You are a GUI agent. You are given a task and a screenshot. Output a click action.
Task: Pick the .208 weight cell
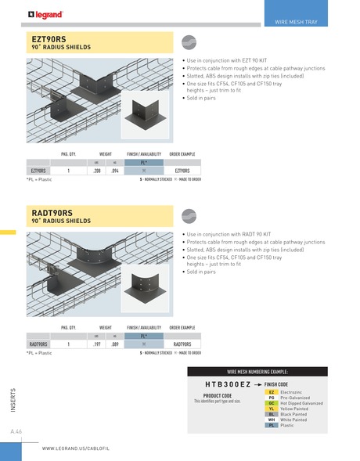[x=96, y=170]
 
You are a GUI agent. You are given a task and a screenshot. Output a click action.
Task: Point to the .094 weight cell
[x=115, y=170]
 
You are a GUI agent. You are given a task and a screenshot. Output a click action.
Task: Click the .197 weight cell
[x=96, y=344]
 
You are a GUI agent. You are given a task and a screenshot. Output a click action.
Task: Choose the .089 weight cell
[x=115, y=344]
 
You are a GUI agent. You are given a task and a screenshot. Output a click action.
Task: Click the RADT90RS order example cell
[x=182, y=344]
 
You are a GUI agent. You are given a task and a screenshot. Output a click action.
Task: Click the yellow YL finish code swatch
[x=271, y=409]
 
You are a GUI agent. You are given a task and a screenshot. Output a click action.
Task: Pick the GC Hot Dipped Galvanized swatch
[x=271, y=402]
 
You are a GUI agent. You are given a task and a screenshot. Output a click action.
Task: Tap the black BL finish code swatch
[x=271, y=414]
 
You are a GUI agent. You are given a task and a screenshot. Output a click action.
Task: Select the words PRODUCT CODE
[x=217, y=396]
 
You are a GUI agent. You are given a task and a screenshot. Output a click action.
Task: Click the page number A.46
[x=16, y=432]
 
